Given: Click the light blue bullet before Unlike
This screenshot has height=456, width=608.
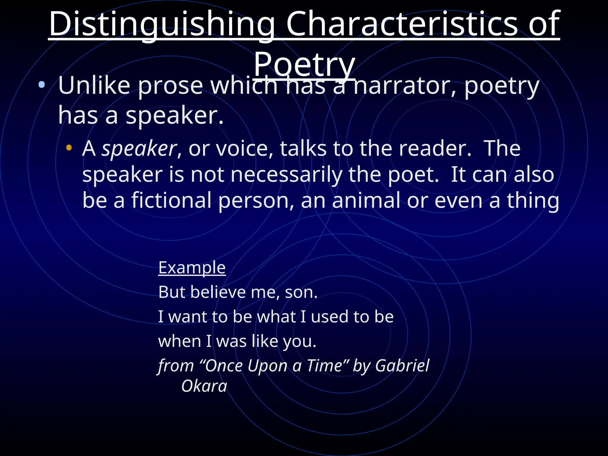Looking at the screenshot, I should click(x=42, y=85).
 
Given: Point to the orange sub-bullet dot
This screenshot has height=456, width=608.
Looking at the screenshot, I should click(x=69, y=148).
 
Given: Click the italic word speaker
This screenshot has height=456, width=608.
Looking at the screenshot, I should click(x=139, y=148).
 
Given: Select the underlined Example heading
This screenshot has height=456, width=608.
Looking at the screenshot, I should click(x=192, y=268).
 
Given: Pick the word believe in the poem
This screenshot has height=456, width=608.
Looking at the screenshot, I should click(x=218, y=292).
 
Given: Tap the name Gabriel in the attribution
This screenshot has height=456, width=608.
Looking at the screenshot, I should click(x=402, y=365).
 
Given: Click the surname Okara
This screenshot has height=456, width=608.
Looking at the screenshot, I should click(x=204, y=386).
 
